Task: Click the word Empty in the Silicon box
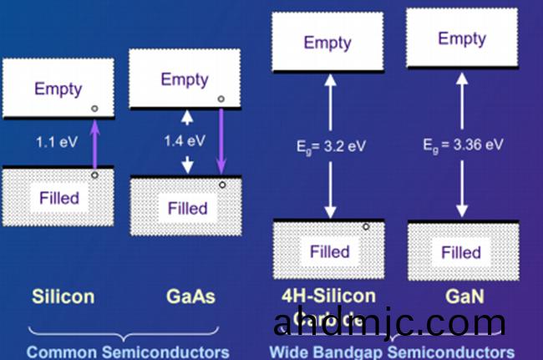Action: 58,89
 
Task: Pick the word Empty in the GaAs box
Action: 184,79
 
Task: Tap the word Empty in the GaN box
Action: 461,38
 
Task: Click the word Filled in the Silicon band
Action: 59,198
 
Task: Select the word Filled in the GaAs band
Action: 187,207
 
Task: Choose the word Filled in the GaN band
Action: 461,251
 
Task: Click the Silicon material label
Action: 63,297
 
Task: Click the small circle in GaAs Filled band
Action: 221,184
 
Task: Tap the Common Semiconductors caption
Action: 127,352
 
